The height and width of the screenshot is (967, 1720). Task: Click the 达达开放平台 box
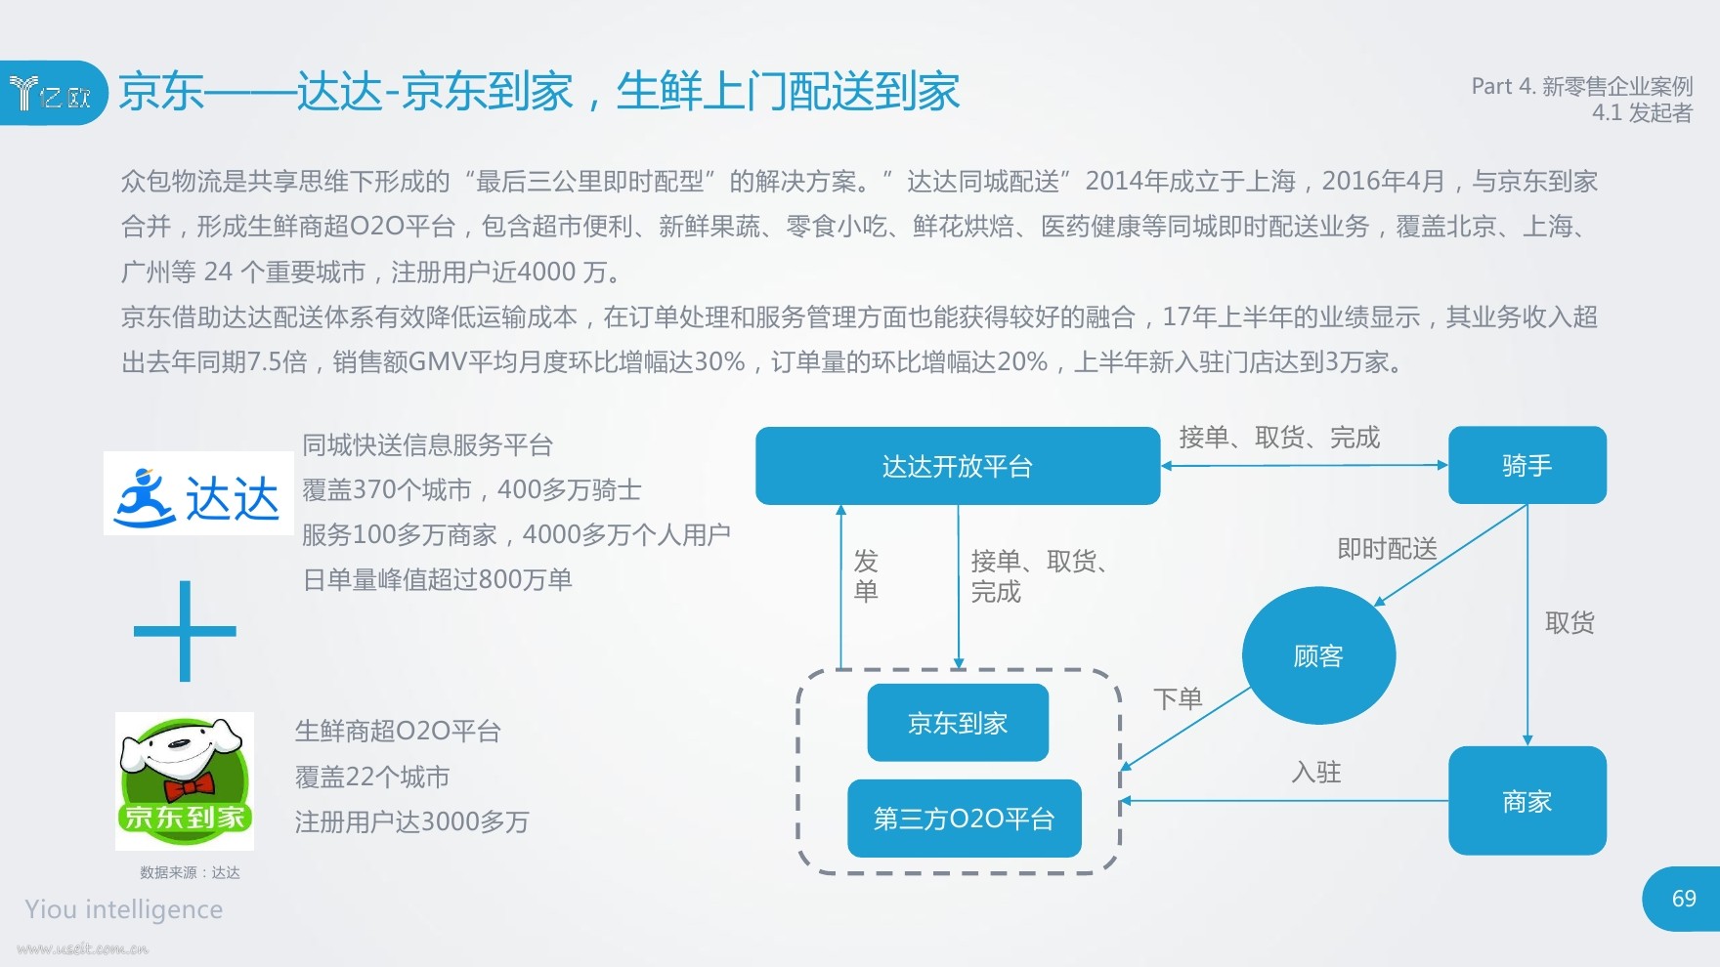958,466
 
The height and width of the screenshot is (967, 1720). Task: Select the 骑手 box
1527,465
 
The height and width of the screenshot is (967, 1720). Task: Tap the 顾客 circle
1318,655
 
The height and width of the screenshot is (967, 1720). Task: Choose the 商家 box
1527,801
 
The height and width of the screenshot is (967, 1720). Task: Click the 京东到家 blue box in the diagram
958,723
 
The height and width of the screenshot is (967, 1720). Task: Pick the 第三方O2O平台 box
965,819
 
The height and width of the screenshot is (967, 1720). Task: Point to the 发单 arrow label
866,575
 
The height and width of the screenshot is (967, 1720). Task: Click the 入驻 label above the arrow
1316,773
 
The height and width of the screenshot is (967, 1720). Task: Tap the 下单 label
1178,698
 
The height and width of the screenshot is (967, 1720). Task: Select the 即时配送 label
1387,549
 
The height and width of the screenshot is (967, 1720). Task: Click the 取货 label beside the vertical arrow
1569,623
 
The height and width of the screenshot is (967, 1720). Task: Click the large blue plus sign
185,631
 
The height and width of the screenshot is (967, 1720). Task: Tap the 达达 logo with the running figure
198,493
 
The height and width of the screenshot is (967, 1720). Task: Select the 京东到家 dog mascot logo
185,780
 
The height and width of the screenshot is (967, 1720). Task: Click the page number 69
1684,899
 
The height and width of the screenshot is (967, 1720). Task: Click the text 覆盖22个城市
372,778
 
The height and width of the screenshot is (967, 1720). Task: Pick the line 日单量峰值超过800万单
437,580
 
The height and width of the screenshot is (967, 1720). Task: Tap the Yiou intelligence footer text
124,909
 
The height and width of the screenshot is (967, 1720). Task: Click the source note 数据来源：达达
190,872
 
